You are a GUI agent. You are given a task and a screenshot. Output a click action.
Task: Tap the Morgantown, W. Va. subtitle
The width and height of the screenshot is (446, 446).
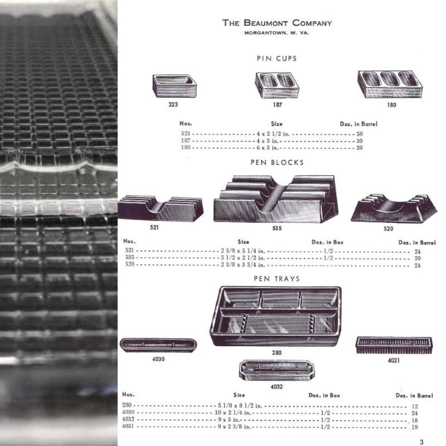(x=277, y=33)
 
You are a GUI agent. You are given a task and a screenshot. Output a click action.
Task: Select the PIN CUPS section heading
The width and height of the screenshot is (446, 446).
(x=277, y=59)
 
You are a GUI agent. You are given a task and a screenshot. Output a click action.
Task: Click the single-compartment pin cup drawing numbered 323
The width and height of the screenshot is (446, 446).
(x=174, y=86)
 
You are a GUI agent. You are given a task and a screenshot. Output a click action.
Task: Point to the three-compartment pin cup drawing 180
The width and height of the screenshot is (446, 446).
(x=390, y=84)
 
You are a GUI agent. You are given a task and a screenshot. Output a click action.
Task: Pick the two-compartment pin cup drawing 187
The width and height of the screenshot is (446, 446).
(x=277, y=85)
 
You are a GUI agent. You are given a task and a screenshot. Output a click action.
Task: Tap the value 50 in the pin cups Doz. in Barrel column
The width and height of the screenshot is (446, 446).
(x=360, y=134)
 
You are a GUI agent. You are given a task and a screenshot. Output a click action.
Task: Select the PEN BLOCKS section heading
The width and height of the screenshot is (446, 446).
(x=277, y=162)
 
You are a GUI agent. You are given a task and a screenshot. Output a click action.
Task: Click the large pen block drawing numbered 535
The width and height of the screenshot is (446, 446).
(x=276, y=199)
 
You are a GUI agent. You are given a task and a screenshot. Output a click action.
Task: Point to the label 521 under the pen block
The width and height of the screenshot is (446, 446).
(x=154, y=227)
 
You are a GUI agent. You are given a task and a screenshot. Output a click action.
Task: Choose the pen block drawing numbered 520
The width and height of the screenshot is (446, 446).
(x=394, y=209)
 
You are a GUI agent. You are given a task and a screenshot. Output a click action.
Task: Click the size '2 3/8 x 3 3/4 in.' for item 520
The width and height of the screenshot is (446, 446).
(x=243, y=265)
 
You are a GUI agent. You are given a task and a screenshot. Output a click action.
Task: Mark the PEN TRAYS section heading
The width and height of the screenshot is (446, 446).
(x=277, y=279)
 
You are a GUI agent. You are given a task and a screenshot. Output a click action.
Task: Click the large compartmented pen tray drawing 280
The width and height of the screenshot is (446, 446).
(x=275, y=316)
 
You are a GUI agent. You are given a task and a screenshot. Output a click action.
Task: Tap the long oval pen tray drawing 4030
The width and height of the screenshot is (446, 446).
(x=158, y=345)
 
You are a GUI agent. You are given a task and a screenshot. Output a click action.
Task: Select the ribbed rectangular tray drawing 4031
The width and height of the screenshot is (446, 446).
(x=394, y=346)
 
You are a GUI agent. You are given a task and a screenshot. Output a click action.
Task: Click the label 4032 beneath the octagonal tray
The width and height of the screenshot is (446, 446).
(x=277, y=387)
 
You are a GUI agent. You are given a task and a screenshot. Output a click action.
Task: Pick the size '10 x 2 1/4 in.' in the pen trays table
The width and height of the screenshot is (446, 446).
(x=232, y=413)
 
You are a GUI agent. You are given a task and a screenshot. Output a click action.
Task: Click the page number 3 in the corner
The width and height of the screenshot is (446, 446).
(x=421, y=442)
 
